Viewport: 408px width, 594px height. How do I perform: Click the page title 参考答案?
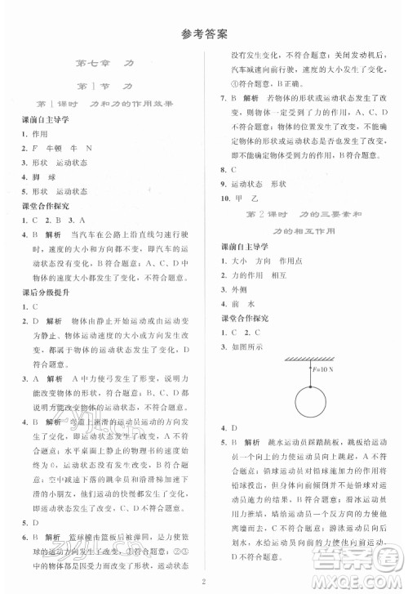pyautogui.click(x=204, y=33)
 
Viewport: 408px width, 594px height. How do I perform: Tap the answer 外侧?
pyautogui.click(x=240, y=288)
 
